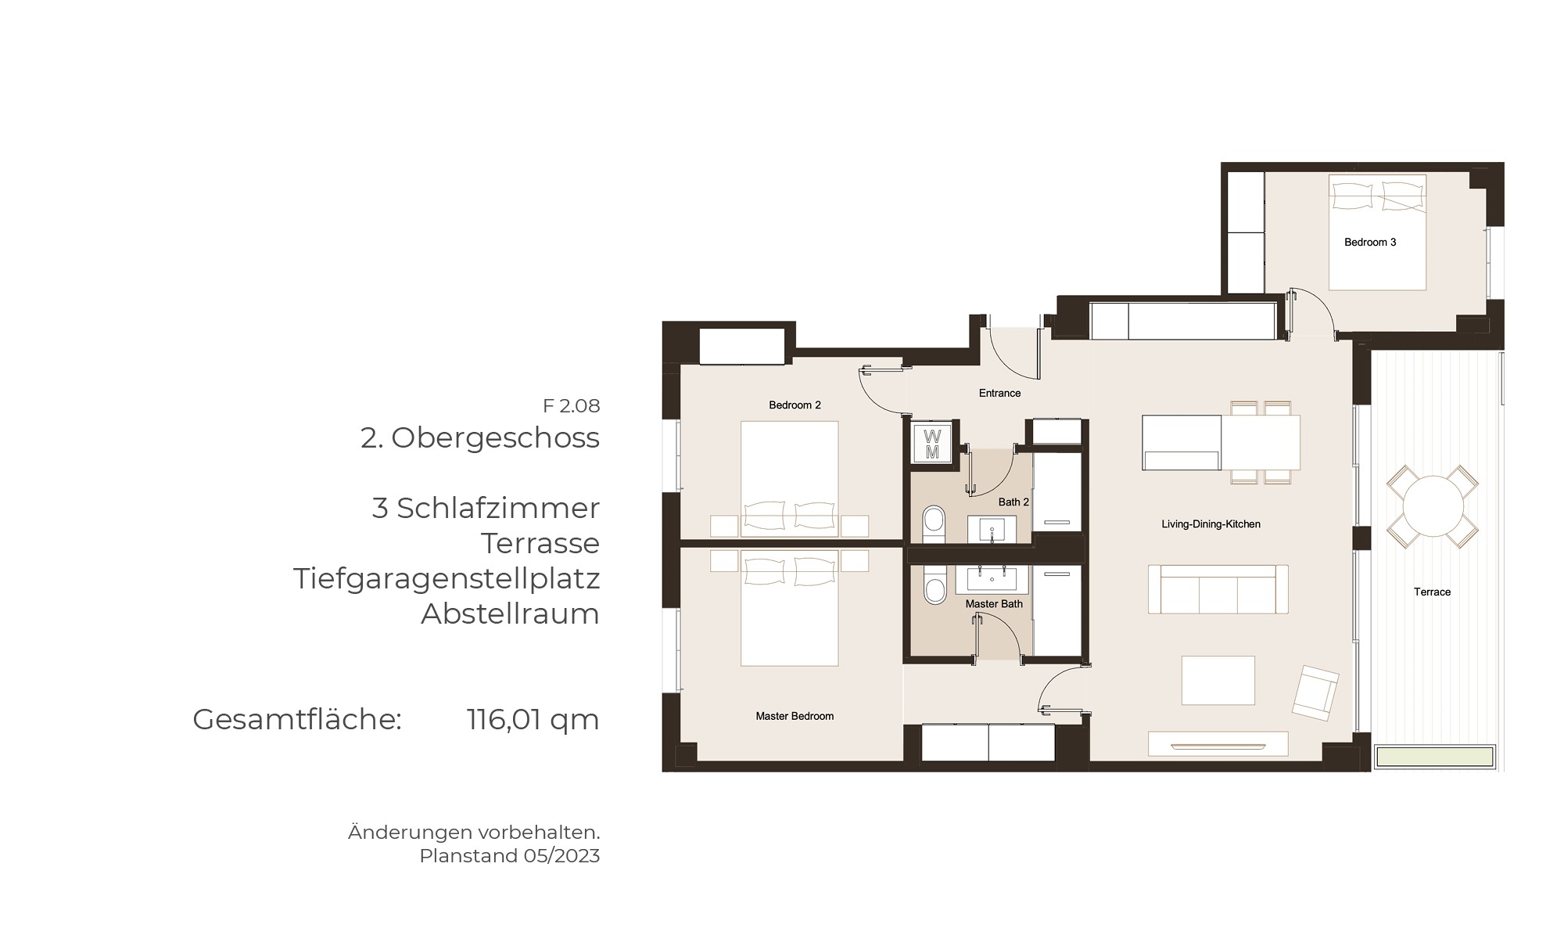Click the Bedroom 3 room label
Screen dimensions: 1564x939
[1370, 243]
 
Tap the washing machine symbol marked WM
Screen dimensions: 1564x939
[932, 444]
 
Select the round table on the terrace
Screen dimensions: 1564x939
[1433, 506]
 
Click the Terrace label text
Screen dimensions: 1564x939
[1432, 592]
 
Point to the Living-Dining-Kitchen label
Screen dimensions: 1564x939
[1211, 524]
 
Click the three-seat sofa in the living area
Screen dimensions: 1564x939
[1218, 589]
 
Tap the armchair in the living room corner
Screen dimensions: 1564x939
[1315, 693]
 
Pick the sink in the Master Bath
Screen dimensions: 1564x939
[992, 579]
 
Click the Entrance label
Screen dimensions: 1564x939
[999, 394]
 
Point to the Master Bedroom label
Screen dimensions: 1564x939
[795, 716]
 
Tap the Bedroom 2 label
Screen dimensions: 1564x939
[795, 405]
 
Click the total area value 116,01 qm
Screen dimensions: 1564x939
[533, 719]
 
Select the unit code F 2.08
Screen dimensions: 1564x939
[572, 406]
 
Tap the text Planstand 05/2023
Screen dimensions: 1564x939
[510, 856]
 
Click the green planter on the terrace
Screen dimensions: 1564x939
[1434, 757]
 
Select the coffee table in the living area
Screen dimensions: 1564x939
[1218, 681]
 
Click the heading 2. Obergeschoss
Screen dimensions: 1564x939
[480, 438]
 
